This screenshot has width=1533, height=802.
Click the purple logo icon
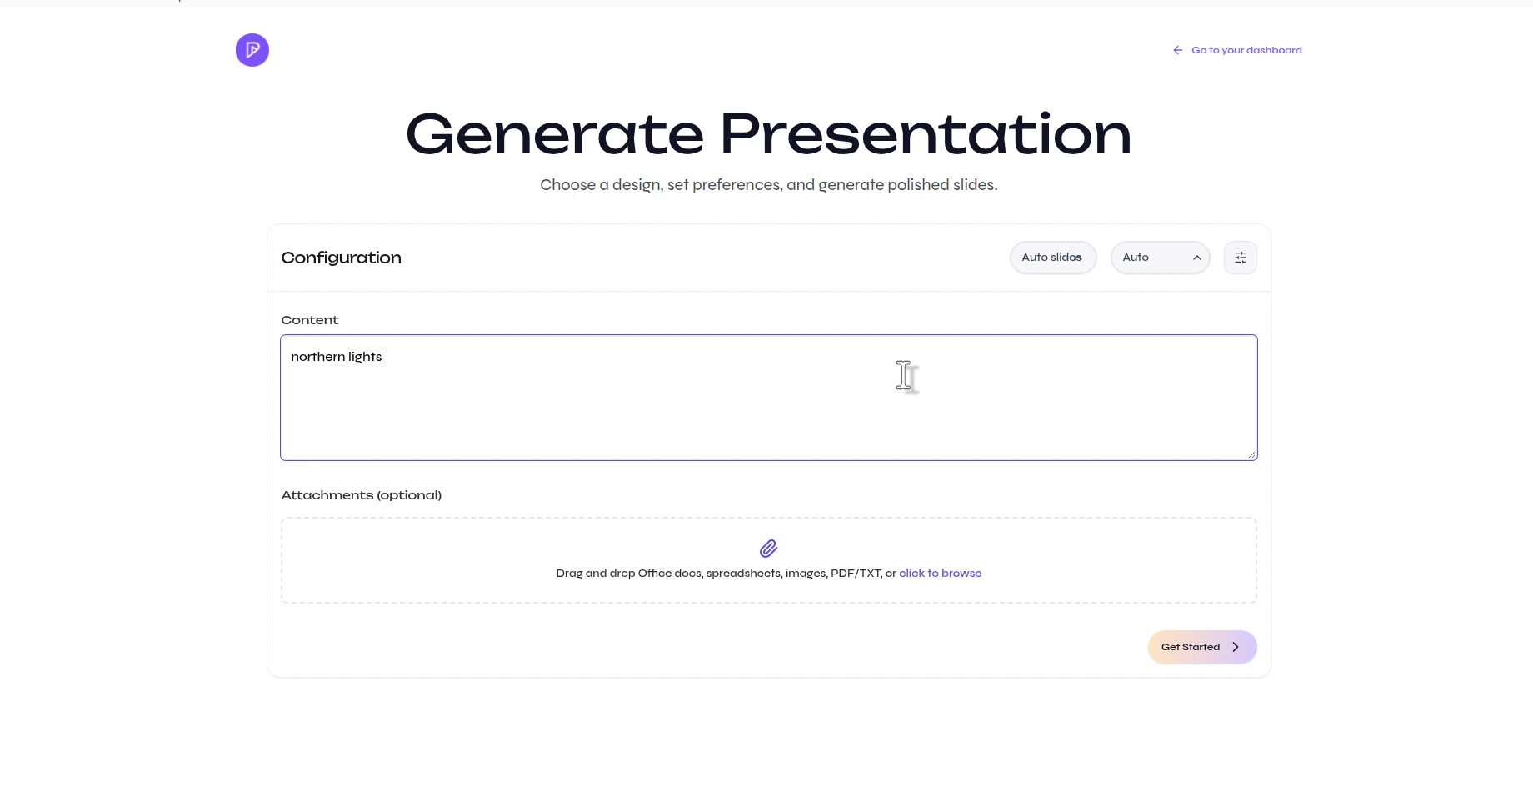tap(252, 50)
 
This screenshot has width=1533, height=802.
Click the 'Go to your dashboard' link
tap(1246, 50)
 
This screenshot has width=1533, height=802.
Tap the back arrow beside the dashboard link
tap(1177, 50)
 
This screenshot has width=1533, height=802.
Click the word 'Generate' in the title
tap(554, 134)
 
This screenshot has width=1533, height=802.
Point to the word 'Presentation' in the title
tap(925, 134)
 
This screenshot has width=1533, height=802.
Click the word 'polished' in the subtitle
tap(917, 185)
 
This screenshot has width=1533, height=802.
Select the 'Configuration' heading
tap(341, 258)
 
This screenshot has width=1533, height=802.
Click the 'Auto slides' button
tap(1052, 258)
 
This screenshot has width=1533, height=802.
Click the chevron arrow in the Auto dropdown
tap(1196, 258)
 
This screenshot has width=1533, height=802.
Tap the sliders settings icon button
tap(1240, 258)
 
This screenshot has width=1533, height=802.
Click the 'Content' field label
tap(310, 320)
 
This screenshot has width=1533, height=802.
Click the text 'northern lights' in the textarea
tap(336, 357)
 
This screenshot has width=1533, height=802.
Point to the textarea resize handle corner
tap(1251, 454)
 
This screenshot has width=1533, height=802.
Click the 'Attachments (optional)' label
tap(361, 495)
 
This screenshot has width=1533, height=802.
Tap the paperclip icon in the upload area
tap(768, 549)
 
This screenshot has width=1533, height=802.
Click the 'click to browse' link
tap(940, 574)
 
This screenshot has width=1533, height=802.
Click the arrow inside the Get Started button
tap(1236, 647)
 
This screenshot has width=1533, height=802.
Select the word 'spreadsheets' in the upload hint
tap(743, 574)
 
